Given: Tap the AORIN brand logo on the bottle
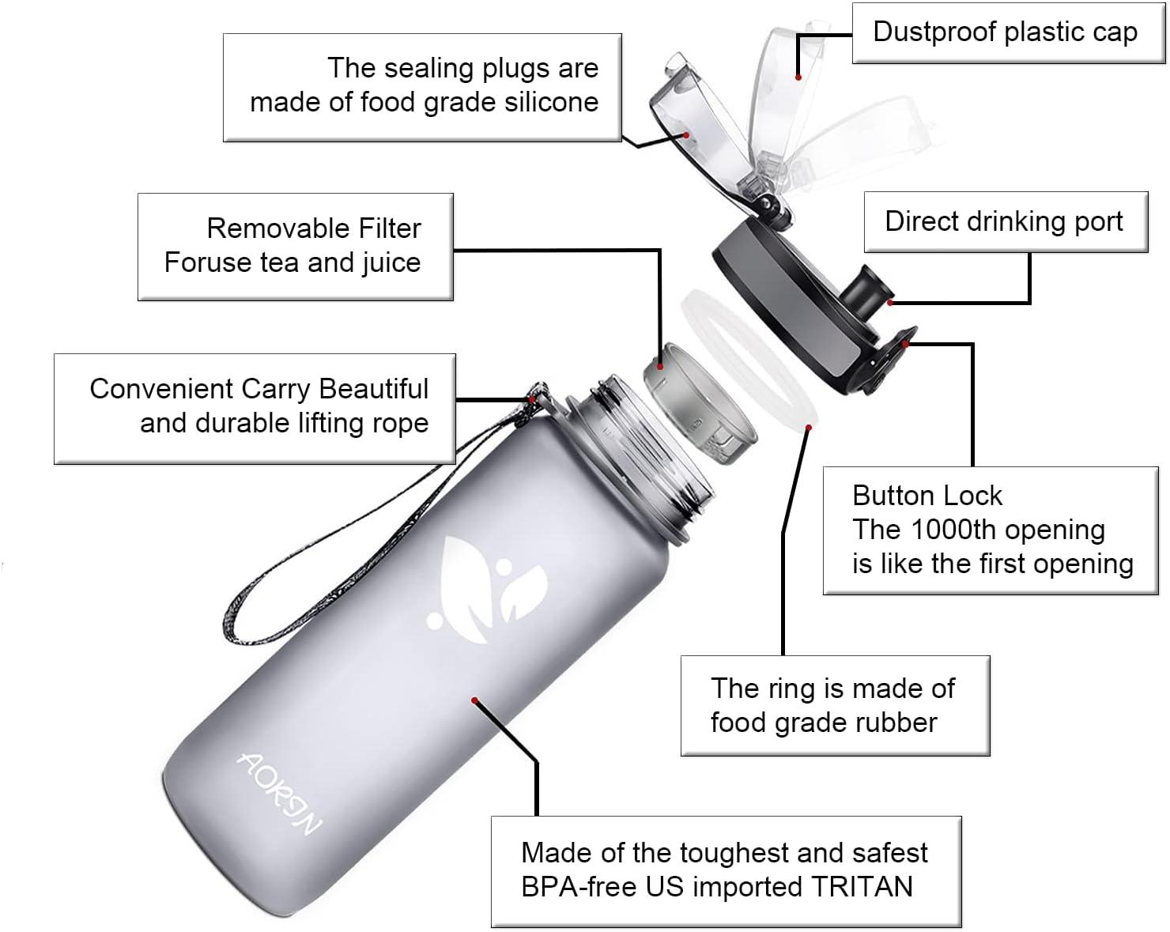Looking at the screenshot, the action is [280, 793].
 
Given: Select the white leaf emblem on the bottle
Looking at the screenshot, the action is [487, 590].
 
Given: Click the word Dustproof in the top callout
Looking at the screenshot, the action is [935, 32].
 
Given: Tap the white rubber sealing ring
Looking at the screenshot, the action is [749, 359].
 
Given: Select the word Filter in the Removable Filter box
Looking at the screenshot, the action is [387, 228].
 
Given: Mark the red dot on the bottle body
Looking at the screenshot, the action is [474, 701].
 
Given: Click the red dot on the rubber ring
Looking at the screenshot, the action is [809, 428].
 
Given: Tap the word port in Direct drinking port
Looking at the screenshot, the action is [1099, 223].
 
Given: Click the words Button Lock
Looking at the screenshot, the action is [927, 496].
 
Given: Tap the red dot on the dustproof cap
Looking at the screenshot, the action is [798, 77].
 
